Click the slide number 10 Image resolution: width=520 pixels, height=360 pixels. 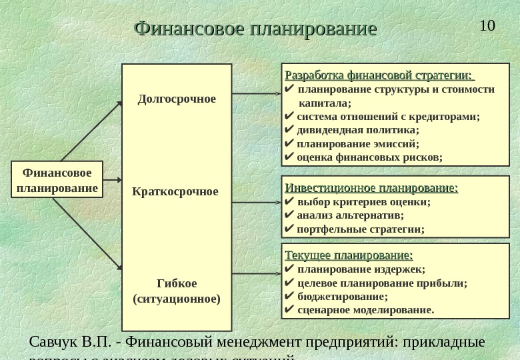coord(487,26)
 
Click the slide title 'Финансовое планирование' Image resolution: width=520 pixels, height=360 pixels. coord(255,29)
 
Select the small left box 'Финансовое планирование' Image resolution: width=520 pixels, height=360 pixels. coord(57,180)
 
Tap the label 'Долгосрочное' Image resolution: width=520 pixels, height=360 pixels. coord(177,99)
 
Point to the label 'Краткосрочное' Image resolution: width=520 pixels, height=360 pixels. coord(175,192)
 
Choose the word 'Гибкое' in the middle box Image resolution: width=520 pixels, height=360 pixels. coord(177,283)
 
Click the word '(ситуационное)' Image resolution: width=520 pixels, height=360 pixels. coord(177,299)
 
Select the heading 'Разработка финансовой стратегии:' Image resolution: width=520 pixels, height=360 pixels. coord(378,74)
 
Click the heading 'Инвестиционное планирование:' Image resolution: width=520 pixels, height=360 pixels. coord(371,188)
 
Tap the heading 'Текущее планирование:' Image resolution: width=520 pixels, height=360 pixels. coord(349,255)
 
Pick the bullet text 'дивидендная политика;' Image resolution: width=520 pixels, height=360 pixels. coord(358,130)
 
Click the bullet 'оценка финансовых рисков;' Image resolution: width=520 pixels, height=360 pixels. coord(369,157)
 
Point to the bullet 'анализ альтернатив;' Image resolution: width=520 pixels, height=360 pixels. coord(350,215)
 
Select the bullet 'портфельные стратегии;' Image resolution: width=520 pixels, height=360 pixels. coord(360,229)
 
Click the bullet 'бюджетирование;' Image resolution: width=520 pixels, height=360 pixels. coord(342,297)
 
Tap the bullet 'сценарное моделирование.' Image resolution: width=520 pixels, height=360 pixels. coord(365,310)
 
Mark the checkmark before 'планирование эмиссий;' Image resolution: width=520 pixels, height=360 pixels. coord(289,143)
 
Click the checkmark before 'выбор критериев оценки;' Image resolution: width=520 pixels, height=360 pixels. coord(289,202)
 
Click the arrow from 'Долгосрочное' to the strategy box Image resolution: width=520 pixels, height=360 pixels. coord(257,95)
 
